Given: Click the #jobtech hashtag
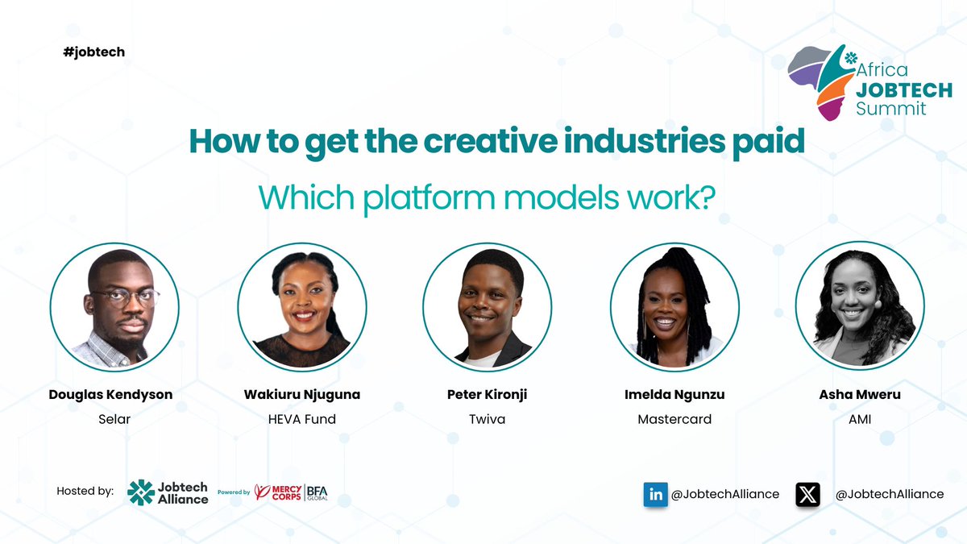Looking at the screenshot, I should click(93, 52).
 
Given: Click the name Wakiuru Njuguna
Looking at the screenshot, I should click(301, 395).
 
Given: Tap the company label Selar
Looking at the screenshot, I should click(115, 419).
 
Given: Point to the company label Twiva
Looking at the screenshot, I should click(487, 419).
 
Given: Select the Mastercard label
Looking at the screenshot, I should click(674, 419).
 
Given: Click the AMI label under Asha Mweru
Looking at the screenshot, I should click(860, 419).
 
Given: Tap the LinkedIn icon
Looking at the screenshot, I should click(655, 494).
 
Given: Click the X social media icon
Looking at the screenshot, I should click(807, 494).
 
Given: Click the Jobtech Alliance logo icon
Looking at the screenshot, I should click(141, 492).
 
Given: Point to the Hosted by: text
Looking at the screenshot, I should click(85, 491).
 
